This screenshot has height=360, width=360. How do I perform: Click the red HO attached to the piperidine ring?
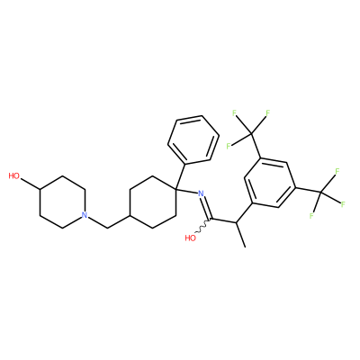14,175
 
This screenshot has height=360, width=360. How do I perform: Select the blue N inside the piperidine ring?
85,215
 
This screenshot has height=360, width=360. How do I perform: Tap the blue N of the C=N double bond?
201,193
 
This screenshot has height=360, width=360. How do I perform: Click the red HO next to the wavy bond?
191,238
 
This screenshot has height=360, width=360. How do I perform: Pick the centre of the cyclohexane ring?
153,202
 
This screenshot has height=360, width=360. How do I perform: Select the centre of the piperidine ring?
62,202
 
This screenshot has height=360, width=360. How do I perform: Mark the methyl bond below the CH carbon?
240,235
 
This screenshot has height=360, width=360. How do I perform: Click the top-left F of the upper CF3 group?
235,113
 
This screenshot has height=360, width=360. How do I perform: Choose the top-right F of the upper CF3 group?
268,113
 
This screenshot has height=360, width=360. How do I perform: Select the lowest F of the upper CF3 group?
229,146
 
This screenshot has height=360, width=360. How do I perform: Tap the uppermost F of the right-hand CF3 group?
337,172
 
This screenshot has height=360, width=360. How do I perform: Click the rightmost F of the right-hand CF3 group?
343,204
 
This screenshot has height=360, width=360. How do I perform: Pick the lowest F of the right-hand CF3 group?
311,215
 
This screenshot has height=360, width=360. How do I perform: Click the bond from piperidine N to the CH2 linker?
98,222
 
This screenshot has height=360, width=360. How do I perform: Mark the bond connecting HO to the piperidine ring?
30,184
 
